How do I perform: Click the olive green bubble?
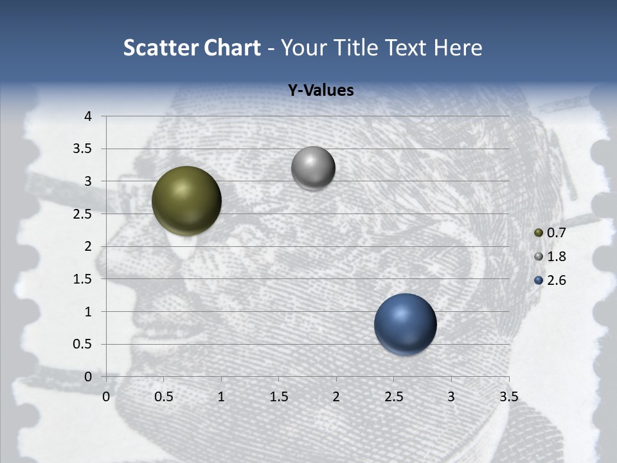click(x=186, y=201)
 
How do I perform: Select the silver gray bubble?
click(x=313, y=168)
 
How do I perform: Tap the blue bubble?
click(x=405, y=324)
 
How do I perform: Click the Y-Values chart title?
click(x=321, y=91)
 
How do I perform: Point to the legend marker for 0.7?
click(x=539, y=233)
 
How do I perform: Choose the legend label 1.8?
click(x=556, y=257)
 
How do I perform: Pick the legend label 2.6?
click(x=556, y=280)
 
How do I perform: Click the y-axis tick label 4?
click(x=88, y=116)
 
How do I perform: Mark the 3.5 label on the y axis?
click(x=83, y=149)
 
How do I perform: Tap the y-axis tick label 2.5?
click(x=83, y=214)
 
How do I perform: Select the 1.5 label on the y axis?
click(x=83, y=279)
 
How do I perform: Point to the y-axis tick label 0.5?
click(x=83, y=345)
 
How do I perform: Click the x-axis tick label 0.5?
click(x=164, y=397)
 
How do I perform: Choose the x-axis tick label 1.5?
click(x=279, y=397)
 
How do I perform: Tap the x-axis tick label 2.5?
click(x=393, y=397)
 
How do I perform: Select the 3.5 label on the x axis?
click(x=508, y=397)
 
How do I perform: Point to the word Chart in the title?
click(x=231, y=48)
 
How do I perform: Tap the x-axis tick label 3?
click(x=451, y=397)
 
